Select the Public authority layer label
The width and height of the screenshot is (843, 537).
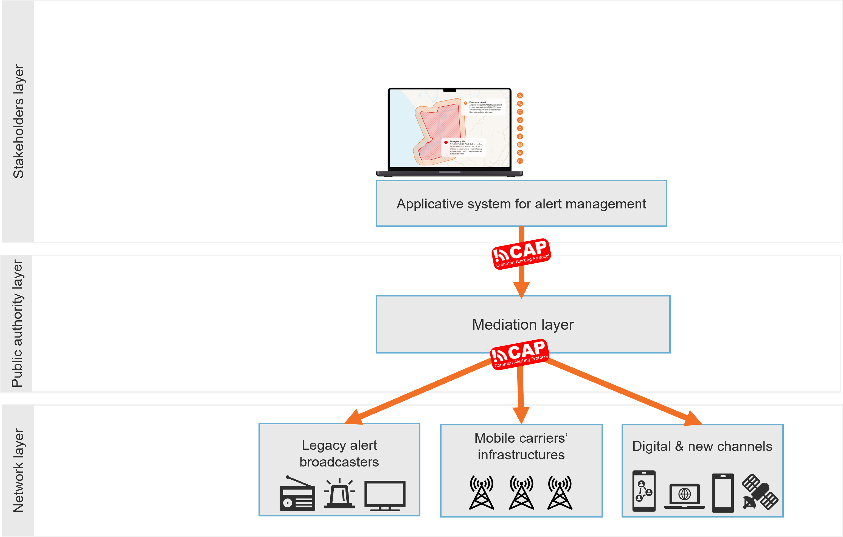(x=17, y=323)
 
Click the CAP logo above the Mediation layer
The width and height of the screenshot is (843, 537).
(x=521, y=254)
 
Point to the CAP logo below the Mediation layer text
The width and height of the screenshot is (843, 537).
(x=519, y=354)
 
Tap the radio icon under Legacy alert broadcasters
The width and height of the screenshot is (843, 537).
(x=297, y=494)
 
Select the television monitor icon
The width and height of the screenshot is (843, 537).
(x=385, y=495)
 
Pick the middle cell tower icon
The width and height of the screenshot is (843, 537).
(x=521, y=492)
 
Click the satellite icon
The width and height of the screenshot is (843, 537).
(x=760, y=491)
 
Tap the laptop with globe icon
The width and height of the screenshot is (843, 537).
(x=684, y=496)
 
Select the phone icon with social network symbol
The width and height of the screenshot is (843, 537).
(x=644, y=491)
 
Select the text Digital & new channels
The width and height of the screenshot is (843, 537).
(x=702, y=446)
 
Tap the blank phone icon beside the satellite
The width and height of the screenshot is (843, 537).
(x=723, y=493)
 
